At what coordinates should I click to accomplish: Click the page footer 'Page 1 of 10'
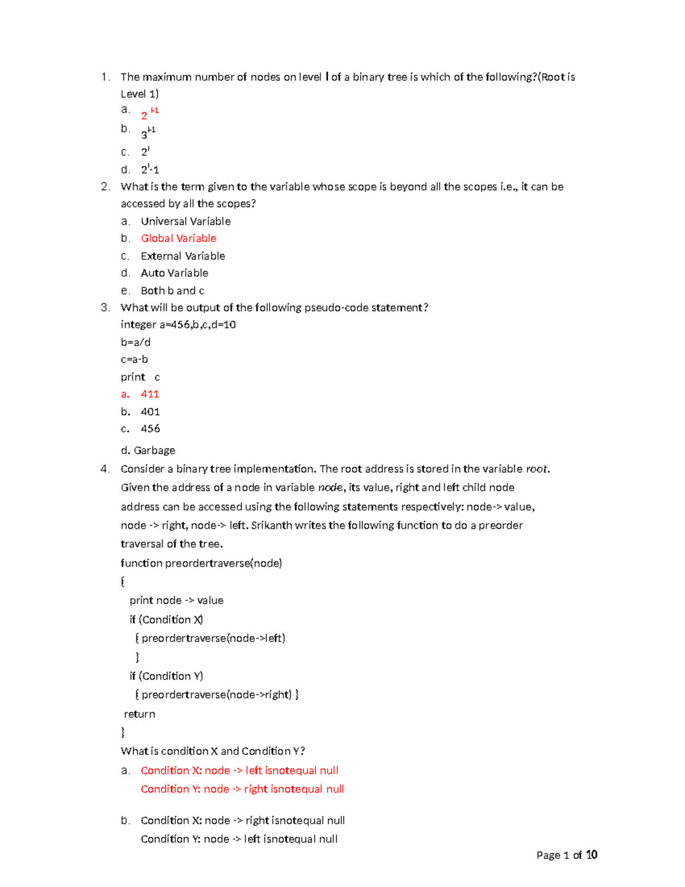(566, 855)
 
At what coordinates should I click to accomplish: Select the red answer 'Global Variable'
(179, 238)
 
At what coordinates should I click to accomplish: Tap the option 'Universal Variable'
(186, 221)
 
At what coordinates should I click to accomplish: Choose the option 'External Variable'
(183, 256)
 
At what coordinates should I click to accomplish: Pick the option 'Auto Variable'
(174, 273)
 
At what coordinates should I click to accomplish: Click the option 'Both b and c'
(172, 291)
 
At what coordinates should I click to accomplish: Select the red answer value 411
(150, 394)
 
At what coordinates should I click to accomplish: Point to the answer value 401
(150, 412)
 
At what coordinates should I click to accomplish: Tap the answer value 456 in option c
(150, 428)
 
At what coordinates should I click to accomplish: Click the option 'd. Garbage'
(148, 450)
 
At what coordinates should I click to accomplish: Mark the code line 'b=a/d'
(135, 342)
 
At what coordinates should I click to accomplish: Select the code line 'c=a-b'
(134, 359)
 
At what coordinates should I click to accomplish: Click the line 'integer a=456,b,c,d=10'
(178, 324)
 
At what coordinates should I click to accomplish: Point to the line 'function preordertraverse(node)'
(201, 563)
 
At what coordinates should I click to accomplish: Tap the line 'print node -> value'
(176, 600)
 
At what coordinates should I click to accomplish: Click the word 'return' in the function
(139, 714)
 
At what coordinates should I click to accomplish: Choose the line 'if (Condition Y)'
(166, 676)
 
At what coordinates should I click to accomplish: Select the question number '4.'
(105, 469)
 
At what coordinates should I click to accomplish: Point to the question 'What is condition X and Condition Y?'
(212, 751)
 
